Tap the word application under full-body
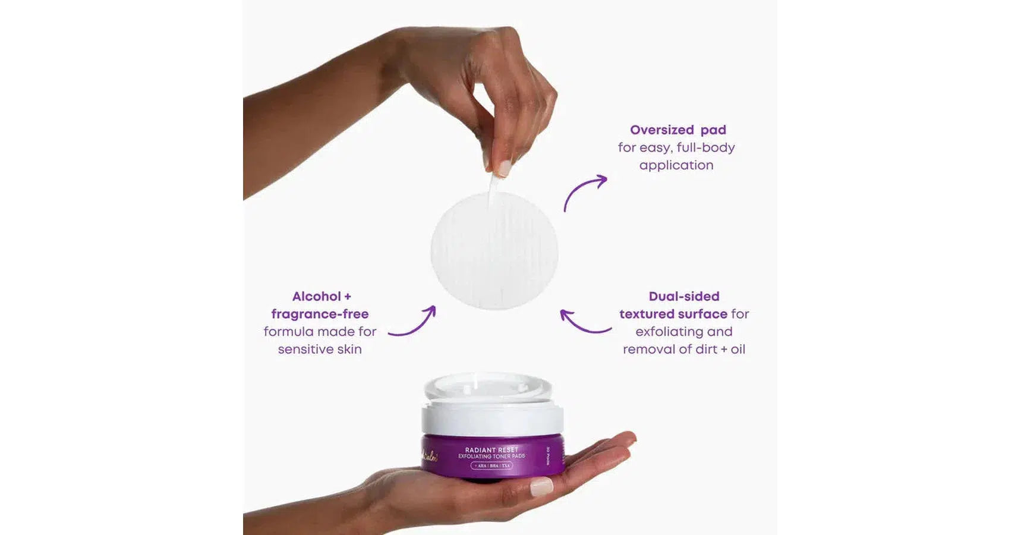676,165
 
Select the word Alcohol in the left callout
316,297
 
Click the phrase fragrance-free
320,314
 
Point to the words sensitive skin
320,350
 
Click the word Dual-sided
683,297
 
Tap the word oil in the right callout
738,350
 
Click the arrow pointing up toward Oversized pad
584,191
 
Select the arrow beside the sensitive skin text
413,323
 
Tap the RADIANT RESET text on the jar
491,450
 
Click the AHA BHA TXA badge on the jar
491,465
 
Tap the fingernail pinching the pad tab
504,168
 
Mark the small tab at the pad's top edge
492,189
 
